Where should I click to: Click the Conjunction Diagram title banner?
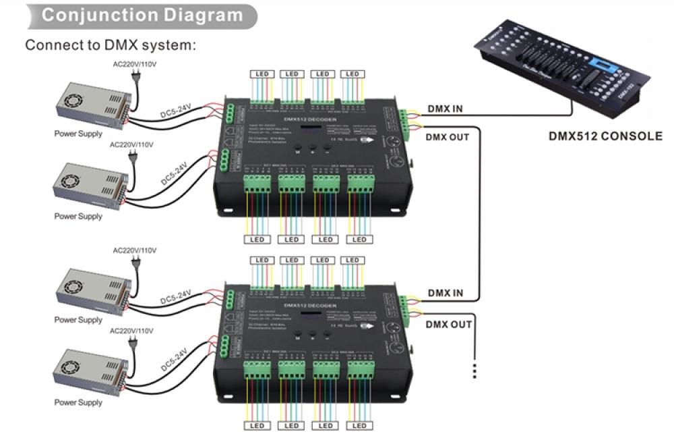click(142, 15)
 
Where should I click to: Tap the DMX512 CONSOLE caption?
click(605, 136)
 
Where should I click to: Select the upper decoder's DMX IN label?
click(445, 109)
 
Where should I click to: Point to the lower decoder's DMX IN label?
click(445, 293)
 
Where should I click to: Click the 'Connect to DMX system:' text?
click(111, 45)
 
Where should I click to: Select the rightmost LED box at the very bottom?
click(359, 426)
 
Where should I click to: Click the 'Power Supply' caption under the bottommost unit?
click(78, 403)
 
